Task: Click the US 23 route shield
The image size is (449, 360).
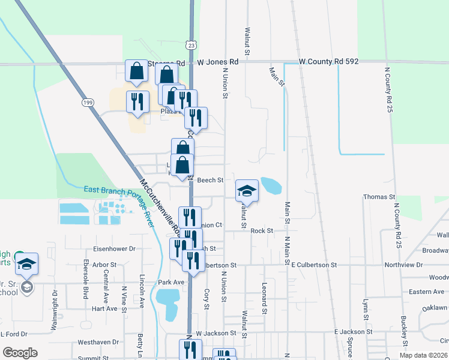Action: (x=191, y=45)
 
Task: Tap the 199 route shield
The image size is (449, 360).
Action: (x=88, y=103)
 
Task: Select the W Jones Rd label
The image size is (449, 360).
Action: (x=218, y=62)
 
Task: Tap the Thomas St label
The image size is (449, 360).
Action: (x=379, y=197)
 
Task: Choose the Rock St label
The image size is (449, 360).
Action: (x=262, y=230)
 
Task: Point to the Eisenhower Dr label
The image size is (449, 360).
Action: (x=115, y=248)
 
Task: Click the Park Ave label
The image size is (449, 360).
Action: (x=171, y=282)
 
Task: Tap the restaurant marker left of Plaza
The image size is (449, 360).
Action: (x=137, y=103)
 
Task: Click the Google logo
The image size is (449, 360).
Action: (x=20, y=353)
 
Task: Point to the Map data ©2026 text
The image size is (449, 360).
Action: (x=424, y=355)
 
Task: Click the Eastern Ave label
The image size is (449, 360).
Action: (x=426, y=292)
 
